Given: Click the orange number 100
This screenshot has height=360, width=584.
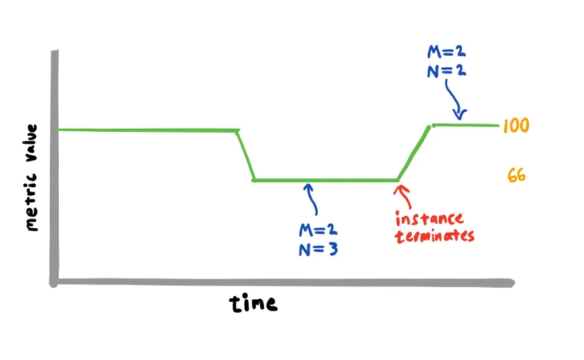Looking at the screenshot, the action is [516, 125].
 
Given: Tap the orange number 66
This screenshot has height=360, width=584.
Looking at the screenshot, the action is [516, 175].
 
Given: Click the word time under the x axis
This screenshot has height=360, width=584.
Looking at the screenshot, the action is [253, 303].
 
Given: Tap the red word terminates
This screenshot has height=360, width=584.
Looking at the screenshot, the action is [435, 235].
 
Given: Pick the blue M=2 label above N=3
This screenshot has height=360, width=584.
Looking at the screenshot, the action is [318, 230].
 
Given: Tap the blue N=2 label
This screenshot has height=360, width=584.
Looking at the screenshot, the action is [446, 70].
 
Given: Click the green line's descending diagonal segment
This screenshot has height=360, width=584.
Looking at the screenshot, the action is [245, 155].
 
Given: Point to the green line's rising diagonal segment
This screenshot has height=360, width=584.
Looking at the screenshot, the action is [413, 153].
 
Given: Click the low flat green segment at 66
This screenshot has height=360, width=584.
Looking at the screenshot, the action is [323, 180].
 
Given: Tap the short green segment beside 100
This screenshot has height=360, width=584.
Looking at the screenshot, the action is [465, 124].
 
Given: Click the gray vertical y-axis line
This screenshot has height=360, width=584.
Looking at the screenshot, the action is [54, 168].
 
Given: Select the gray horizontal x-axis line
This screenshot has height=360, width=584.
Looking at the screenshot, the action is [284, 282].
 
